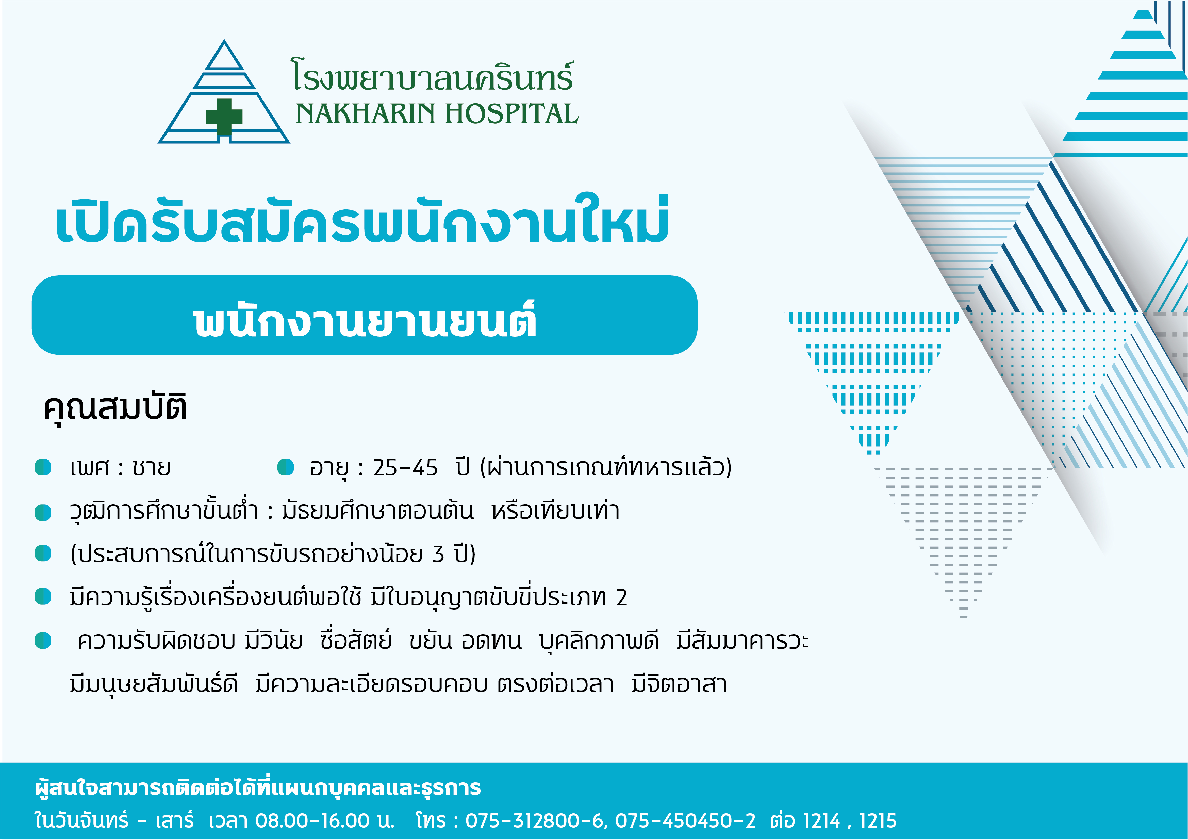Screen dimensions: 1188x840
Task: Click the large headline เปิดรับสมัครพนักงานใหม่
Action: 362,220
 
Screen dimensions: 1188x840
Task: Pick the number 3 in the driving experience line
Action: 438,554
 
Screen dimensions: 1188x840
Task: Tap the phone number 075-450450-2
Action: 685,820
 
